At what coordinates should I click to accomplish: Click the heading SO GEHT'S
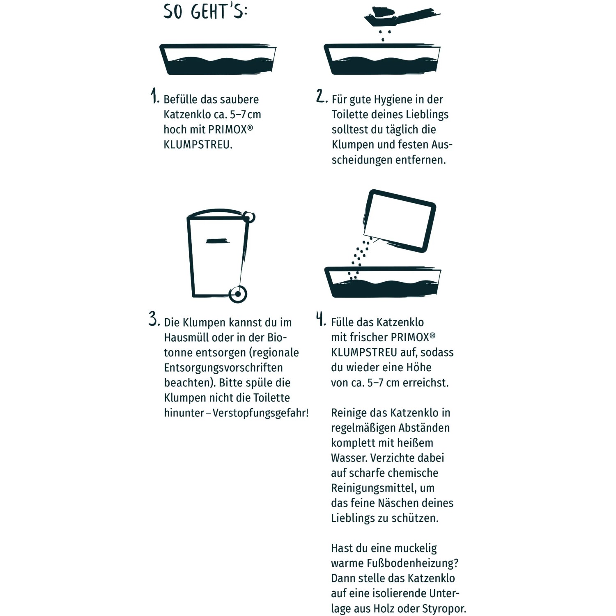tap(205, 11)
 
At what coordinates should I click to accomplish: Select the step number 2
tap(322, 96)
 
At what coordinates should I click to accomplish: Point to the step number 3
tap(154, 319)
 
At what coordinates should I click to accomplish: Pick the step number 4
tap(321, 319)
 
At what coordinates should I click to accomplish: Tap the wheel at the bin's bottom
tap(238, 294)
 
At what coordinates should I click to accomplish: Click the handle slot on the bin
tap(217, 241)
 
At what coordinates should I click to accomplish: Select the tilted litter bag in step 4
tap(399, 221)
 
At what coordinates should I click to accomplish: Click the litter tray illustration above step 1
tap(218, 60)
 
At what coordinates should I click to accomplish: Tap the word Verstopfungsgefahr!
tap(260, 413)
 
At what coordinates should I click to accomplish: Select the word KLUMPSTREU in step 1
tap(198, 145)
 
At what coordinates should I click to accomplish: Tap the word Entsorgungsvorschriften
tap(223, 368)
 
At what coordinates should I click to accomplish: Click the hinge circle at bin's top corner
tap(249, 217)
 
